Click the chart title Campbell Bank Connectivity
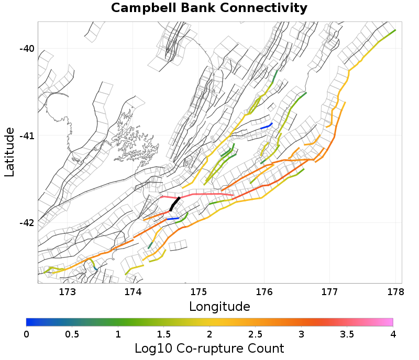click(x=209, y=8)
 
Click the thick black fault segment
click(x=175, y=204)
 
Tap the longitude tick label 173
click(x=68, y=291)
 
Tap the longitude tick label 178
click(x=395, y=291)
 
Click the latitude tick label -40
click(x=27, y=49)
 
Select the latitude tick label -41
click(x=27, y=136)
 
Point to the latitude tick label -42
click(x=27, y=223)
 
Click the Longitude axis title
click(x=219, y=306)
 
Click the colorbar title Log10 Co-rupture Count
click(x=209, y=348)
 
